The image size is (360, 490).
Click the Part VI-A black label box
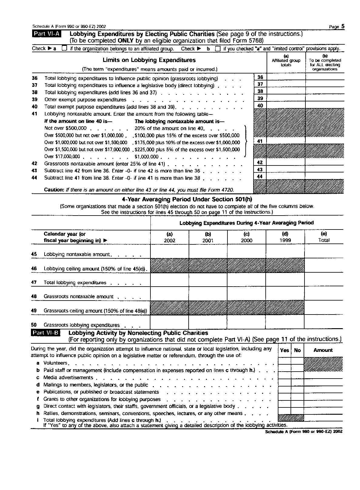pos(46,34)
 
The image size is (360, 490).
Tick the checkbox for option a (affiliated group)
pos(64,48)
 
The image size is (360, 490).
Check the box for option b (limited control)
pos(217,49)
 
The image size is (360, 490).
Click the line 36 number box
pos(260,77)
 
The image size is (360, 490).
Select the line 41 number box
pos(260,141)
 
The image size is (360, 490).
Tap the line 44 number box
pos(260,176)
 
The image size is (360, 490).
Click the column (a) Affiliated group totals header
pos(286,60)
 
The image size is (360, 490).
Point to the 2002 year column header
pos(170,237)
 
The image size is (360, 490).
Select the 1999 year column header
pos(285,237)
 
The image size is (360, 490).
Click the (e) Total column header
pos(324,237)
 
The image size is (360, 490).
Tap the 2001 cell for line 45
pos(208,251)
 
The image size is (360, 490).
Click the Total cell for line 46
pos(324,265)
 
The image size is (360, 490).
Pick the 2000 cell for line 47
pos(247,280)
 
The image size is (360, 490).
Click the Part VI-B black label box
pos(45,333)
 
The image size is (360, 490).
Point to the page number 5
pos(343,26)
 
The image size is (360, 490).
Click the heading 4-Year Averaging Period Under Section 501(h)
pos(187,199)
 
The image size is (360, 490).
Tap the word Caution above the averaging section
pos(54,190)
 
